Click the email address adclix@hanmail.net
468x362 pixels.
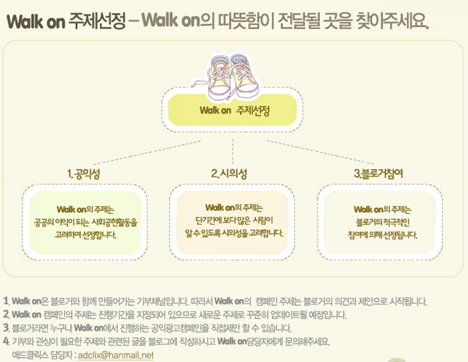(115, 355)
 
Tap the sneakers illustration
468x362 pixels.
(225, 76)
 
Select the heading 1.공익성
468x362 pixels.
(83, 174)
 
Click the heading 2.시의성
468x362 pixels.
(229, 173)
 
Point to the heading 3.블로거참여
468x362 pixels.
(378, 173)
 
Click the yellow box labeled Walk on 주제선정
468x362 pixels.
(232, 110)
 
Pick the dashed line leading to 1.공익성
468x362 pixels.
(147, 152)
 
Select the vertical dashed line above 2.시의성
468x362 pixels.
(232, 151)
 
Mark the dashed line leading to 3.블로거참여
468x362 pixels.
(321, 152)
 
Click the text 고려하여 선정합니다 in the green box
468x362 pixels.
(85, 235)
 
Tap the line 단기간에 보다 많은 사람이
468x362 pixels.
(234, 220)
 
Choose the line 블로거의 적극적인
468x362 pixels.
(383, 222)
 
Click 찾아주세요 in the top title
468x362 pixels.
(393, 21)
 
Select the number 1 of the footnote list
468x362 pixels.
(5, 301)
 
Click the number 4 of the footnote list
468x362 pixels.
(6, 341)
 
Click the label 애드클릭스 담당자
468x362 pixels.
(42, 355)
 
